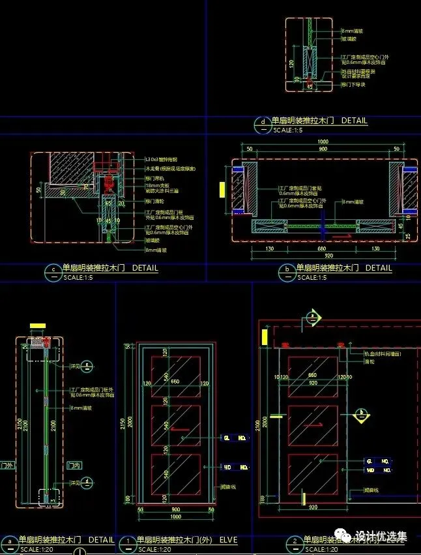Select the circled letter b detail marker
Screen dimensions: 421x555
click(287, 271)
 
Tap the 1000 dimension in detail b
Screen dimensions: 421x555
click(323, 142)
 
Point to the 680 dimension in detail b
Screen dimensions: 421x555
click(321, 248)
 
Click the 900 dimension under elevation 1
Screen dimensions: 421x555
click(175, 509)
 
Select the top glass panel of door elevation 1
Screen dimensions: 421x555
click(175, 377)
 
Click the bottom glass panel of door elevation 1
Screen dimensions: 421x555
click(175, 477)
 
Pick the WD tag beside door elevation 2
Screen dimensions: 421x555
click(370, 470)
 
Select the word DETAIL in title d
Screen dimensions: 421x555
click(354, 121)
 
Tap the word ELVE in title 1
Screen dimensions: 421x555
click(228, 540)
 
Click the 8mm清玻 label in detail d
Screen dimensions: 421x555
click(353, 31)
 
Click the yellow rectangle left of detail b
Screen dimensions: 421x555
click(222, 189)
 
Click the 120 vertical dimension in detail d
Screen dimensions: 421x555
click(291, 64)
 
